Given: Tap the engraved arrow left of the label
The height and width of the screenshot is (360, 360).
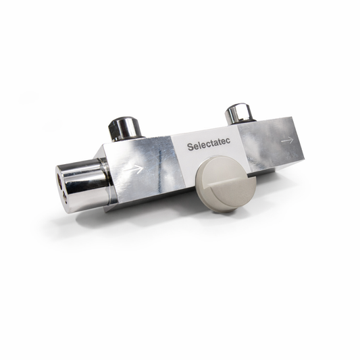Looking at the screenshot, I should pos(135,169).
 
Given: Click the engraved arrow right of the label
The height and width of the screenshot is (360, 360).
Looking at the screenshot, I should pos(287,140).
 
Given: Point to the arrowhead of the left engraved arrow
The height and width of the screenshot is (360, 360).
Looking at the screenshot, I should pos(140,168).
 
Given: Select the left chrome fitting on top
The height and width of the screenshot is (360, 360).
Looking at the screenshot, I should pos(124,128).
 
